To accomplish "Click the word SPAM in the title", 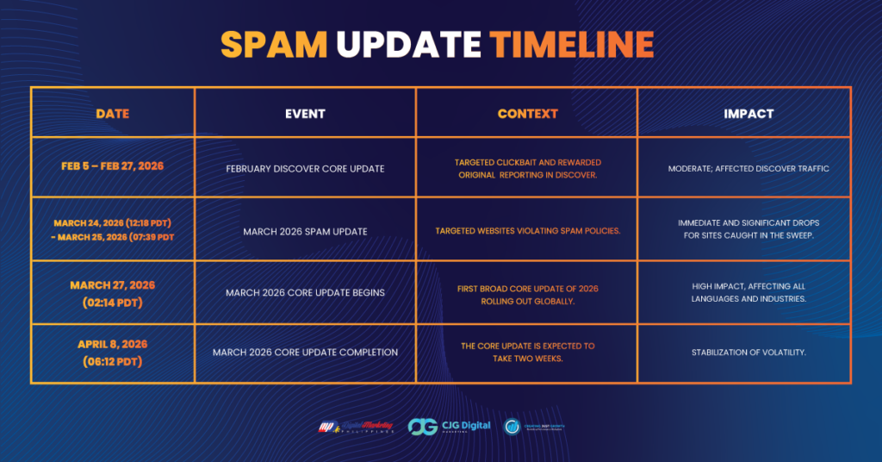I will (274, 44).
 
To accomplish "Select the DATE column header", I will (113, 113).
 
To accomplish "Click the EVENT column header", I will (305, 113).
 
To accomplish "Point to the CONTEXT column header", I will (527, 113).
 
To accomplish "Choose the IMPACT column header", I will (748, 113).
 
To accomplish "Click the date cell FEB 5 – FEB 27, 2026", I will (113, 166).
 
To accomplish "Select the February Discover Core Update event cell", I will (305, 168).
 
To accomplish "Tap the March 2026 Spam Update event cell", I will (305, 231).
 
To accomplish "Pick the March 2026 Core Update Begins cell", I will (305, 293).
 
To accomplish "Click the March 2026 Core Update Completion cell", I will (305, 352).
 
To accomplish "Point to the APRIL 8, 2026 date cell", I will (113, 353).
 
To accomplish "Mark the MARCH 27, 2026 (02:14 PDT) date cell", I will (113, 293).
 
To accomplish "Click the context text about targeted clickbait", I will (527, 168).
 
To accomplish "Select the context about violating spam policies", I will (527, 231).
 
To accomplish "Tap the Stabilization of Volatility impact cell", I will (748, 352).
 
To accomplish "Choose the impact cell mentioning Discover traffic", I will (748, 168).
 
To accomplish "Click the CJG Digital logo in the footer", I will (450, 426).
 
